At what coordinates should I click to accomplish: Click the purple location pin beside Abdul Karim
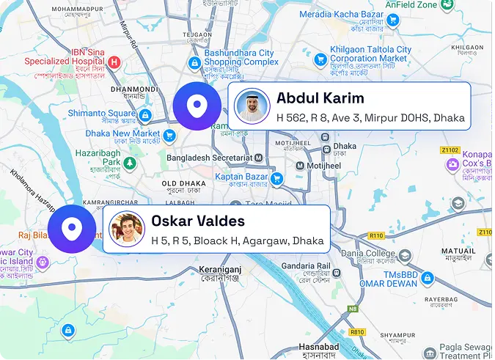tap(197, 106)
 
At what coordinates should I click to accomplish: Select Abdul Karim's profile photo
tap(252, 106)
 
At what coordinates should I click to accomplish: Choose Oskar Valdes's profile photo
tap(127, 229)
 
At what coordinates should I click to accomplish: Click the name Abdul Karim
tap(320, 98)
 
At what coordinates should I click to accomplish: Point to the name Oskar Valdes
tap(198, 221)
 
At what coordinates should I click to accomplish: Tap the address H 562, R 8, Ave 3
tap(370, 117)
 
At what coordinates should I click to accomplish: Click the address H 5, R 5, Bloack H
tap(238, 240)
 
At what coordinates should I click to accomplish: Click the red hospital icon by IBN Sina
tap(114, 62)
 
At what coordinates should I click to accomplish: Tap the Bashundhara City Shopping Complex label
tap(240, 58)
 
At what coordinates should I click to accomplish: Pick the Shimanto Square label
tap(102, 113)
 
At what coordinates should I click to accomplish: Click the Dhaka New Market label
tap(126, 133)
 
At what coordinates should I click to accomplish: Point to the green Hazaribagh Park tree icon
tap(129, 161)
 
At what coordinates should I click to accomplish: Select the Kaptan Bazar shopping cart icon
tap(277, 179)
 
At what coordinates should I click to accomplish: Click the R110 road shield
tap(375, 235)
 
